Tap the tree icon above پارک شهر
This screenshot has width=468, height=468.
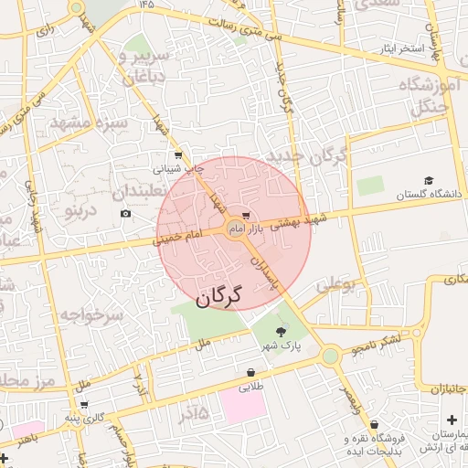coord(281,333)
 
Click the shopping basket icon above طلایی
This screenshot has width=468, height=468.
coord(250,373)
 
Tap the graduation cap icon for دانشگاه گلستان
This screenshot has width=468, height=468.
coord(429,181)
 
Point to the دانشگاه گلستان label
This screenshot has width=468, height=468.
coord(431,195)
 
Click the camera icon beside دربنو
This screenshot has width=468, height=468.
coord(125,214)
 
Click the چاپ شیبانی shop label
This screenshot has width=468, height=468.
coord(175,168)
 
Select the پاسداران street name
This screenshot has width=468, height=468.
coord(261,273)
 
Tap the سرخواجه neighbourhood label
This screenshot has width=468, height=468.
coord(91,315)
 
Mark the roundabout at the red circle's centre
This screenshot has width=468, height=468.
coord(234,228)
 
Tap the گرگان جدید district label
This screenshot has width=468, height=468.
coord(307,155)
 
